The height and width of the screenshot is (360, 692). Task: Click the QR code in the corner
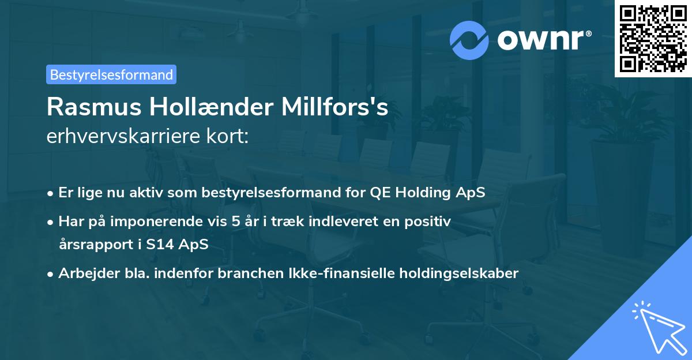pos(652,39)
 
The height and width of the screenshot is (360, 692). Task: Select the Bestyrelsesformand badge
pos(111,74)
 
